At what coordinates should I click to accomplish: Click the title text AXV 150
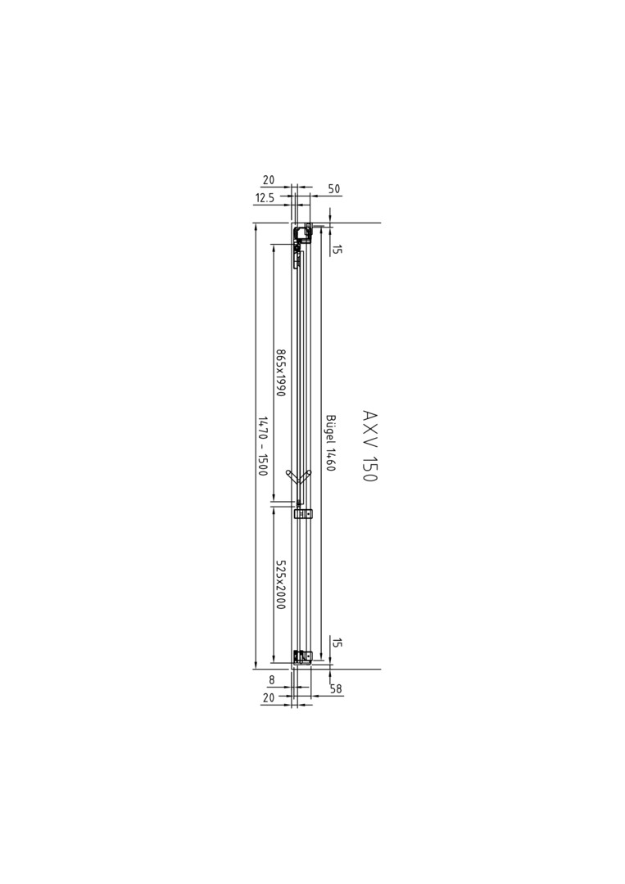[369, 446]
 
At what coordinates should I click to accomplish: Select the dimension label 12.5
[265, 198]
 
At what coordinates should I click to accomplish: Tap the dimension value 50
[334, 189]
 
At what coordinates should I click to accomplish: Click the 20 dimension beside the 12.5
[269, 180]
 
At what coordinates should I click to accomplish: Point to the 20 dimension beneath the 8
[269, 697]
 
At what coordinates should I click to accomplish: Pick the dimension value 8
[271, 680]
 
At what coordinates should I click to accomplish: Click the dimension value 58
[336, 689]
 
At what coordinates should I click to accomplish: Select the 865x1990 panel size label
[280, 372]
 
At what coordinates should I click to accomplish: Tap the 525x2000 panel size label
[280, 584]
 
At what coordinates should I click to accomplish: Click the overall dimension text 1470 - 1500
[262, 446]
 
